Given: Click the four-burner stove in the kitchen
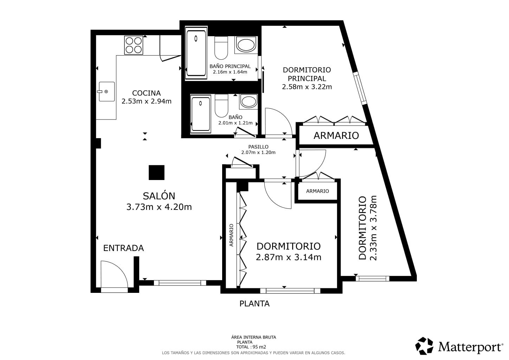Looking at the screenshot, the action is pyautogui.click(x=134, y=45).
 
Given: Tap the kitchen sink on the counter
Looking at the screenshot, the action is pyautogui.click(x=107, y=92).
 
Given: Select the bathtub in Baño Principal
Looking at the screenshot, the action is pyautogui.click(x=196, y=53).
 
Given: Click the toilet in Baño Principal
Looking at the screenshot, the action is pyautogui.click(x=221, y=48).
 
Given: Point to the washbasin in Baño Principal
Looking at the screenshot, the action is pyautogui.click(x=246, y=45).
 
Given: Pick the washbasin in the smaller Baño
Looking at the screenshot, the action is pyautogui.click(x=249, y=102).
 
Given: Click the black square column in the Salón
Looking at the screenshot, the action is pyautogui.click(x=156, y=173).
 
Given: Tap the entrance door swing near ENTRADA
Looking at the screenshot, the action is pyautogui.click(x=115, y=275).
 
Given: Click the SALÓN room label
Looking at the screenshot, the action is pyautogui.click(x=159, y=196).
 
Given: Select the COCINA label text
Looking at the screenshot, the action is pyautogui.click(x=147, y=93).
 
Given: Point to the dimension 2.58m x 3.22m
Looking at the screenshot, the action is pyautogui.click(x=307, y=87).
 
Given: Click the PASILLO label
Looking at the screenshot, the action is pyautogui.click(x=258, y=147).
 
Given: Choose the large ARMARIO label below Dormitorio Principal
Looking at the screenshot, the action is pyautogui.click(x=336, y=135).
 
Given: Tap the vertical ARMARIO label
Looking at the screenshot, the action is pyautogui.click(x=231, y=235).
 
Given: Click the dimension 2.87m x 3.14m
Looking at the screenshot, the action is pyautogui.click(x=289, y=257).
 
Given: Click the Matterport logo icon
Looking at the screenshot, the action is pyautogui.click(x=424, y=346).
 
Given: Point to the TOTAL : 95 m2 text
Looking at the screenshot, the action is pyautogui.click(x=251, y=347).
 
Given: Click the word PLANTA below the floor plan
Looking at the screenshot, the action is pyautogui.click(x=254, y=304).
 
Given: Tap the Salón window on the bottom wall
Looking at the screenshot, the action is pyautogui.click(x=180, y=283).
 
